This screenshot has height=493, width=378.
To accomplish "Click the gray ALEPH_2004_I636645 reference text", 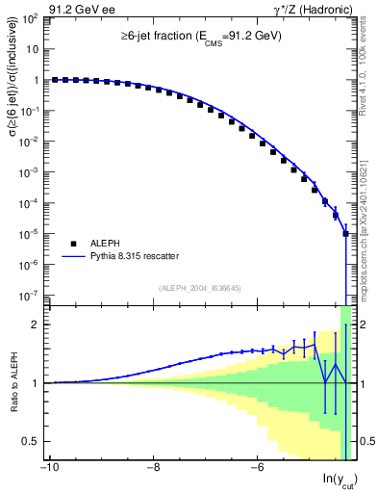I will coord(200,286).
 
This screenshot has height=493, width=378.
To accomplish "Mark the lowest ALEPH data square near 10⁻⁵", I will coord(345,233).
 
